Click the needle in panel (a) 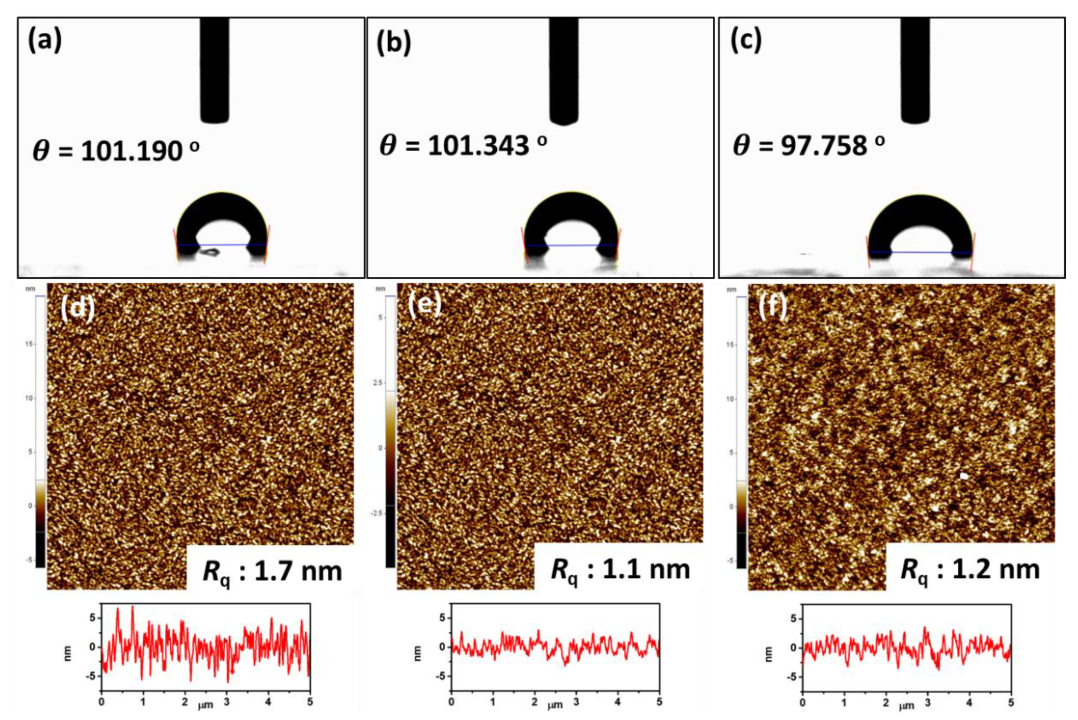(x=214, y=69)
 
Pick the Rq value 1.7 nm (x=272, y=571)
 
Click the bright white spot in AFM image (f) (x=964, y=476)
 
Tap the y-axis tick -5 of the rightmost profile (x=793, y=677)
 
